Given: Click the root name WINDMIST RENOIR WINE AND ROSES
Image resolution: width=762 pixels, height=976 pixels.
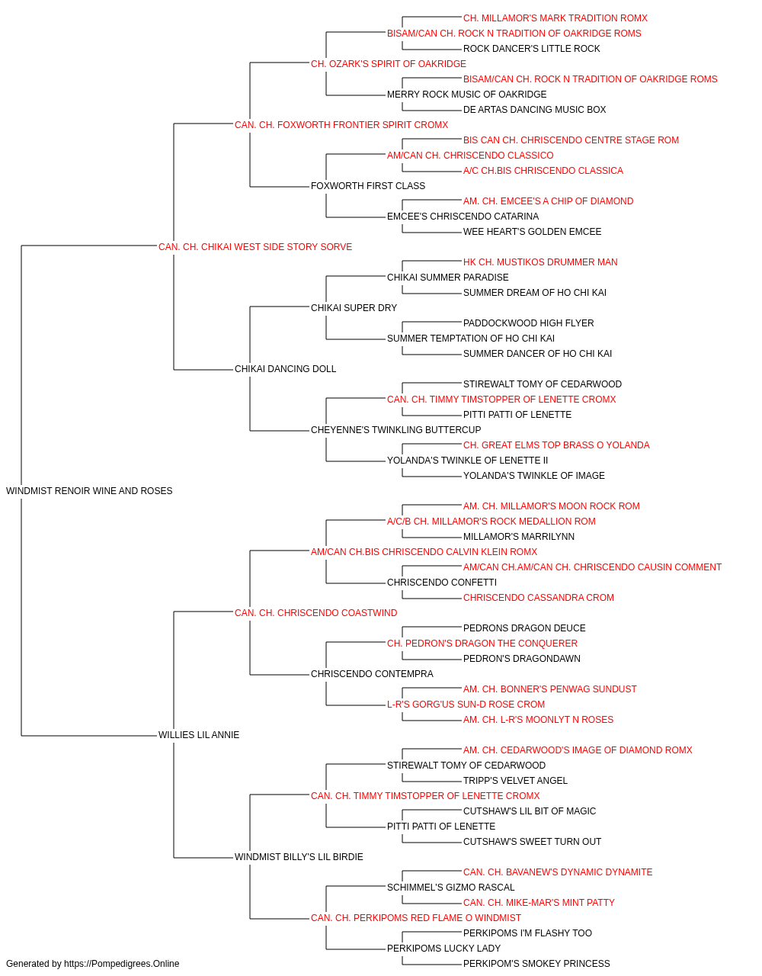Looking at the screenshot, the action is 89,491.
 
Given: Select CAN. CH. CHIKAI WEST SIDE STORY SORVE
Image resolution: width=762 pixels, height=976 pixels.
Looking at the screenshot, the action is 255,247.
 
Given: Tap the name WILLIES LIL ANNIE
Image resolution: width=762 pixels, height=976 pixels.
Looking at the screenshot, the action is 199,735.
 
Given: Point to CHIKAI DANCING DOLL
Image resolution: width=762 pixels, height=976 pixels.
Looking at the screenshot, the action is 285,369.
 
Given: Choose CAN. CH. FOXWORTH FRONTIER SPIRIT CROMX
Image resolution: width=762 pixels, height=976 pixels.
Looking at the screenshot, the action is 341,125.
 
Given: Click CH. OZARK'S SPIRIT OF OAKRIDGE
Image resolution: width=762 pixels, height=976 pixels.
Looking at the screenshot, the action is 388,64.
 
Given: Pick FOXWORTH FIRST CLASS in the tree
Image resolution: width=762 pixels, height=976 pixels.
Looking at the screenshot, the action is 367,186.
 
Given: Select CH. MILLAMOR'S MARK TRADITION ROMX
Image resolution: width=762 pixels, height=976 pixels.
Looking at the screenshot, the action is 555,18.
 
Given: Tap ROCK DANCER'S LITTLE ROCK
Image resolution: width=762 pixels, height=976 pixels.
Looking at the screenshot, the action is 531,49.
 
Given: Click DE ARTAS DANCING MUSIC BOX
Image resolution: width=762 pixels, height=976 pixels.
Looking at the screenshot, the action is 534,110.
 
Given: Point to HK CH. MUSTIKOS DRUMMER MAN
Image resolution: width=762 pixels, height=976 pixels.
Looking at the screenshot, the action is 540,262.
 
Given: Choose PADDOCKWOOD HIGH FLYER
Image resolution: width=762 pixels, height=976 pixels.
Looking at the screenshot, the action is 528,323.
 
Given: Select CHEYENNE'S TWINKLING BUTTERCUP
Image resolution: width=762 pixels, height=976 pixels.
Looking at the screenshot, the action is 395,430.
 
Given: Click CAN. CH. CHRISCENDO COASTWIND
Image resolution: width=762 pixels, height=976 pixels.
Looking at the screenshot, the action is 315,613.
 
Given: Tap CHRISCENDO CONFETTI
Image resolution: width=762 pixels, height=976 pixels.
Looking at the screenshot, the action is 442,583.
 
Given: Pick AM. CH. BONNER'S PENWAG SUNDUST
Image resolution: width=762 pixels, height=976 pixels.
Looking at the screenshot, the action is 549,689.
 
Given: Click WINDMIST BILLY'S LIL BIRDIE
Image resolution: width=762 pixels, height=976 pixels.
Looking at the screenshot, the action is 299,857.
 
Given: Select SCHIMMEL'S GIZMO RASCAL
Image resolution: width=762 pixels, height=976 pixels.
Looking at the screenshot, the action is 450,888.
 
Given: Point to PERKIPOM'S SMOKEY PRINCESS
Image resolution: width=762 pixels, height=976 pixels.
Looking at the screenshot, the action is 536,964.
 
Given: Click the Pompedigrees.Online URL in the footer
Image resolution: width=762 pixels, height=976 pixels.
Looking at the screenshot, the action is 121,964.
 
